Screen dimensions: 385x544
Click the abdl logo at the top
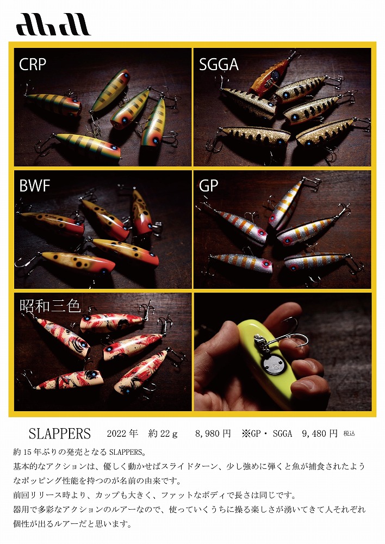pos(53,24)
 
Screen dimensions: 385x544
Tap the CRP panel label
pos(32,65)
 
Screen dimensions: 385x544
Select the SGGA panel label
pos(219,65)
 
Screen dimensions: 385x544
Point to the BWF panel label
pos(35,186)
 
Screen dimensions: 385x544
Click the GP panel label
pos(208,186)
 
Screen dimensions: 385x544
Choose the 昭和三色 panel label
pos(50,306)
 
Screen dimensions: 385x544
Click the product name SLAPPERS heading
pos(60,434)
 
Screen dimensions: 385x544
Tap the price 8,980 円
pos(213,434)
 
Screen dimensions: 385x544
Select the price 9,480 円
pos(320,434)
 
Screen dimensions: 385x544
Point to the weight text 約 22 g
pos(163,434)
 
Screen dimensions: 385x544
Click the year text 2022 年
pos(122,434)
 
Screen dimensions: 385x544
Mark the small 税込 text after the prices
pos(349,434)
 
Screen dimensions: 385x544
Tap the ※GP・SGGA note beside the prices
pos(267,434)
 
